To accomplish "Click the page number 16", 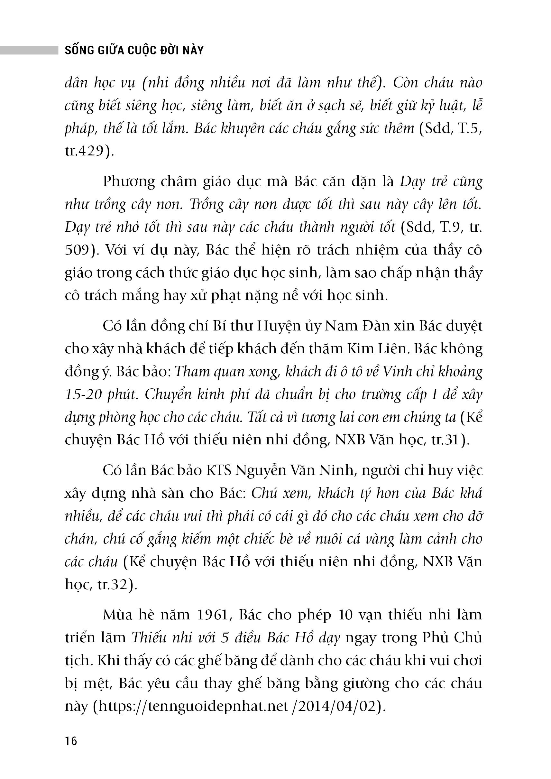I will [x=71, y=741].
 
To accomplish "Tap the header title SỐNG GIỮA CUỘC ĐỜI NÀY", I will [x=134, y=50].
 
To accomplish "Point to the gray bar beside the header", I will [x=29, y=50].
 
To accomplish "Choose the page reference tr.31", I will [x=448, y=440].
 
